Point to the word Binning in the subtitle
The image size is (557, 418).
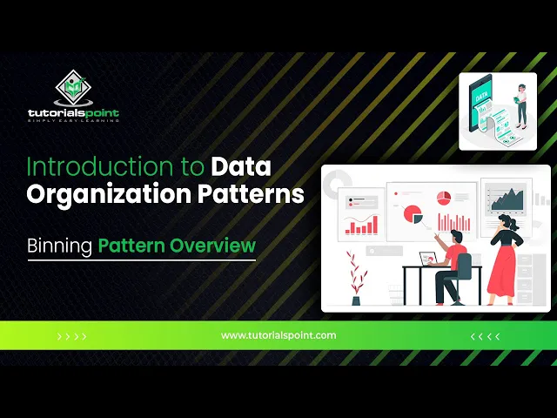coord(59,246)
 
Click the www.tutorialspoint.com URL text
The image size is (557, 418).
coord(278,334)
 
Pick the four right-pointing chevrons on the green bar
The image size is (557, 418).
coord(71,336)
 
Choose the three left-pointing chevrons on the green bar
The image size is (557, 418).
coord(485,336)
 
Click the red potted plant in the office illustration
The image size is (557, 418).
coord(354,277)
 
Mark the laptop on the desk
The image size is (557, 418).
coord(429,259)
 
